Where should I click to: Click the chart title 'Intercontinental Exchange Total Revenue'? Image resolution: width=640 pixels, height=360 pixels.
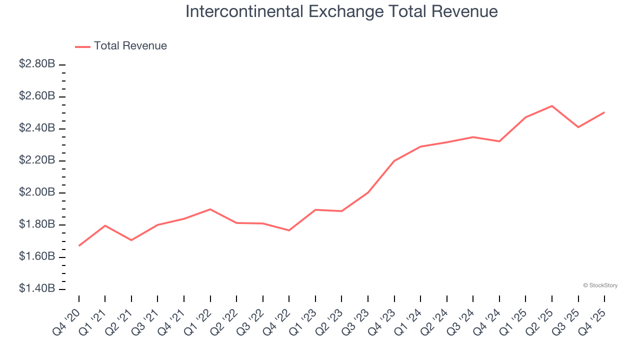341,12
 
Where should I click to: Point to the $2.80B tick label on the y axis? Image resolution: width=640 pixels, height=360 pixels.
37,64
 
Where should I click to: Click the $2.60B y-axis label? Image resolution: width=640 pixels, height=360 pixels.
37,96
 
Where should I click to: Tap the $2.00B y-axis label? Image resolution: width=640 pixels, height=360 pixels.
37,193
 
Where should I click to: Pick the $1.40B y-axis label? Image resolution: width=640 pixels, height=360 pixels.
37,289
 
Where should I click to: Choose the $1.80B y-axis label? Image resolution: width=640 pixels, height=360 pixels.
37,225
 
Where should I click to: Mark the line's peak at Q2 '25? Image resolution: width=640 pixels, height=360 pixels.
552,106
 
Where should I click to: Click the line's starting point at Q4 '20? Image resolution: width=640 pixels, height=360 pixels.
79,246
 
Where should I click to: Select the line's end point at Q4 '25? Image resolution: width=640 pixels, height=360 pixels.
604,112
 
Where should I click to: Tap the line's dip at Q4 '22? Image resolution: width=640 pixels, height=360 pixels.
289,230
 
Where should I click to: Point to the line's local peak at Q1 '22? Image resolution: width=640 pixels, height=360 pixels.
210,209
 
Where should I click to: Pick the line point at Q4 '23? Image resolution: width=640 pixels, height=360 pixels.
394,161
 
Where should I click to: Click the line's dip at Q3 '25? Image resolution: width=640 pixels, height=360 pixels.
578,127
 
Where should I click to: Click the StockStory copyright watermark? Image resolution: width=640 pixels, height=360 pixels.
600,285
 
